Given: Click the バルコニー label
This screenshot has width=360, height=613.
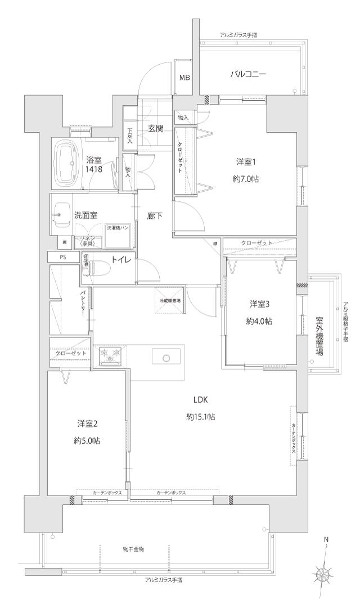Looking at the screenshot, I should coord(247,74).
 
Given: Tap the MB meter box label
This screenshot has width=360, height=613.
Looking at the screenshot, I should coord(184,77).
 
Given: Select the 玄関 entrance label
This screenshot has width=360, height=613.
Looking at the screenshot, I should coord(156,128).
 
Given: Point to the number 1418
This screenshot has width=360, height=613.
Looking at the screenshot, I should coord(94,169).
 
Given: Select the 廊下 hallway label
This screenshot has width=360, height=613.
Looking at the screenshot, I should coord(155,215).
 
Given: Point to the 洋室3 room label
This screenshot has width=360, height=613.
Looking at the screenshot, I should coord(260,304).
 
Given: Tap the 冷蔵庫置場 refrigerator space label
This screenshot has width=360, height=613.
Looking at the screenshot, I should coord(169,301).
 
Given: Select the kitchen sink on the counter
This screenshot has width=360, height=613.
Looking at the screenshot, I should coord(166,357).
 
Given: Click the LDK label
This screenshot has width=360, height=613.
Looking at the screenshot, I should coord(201,400).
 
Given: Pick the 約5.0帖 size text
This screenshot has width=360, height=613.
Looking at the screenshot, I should coord(87,441).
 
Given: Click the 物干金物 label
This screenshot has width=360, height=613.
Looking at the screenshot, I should coord(133,548).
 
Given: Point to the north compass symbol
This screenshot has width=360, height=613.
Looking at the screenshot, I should coord(323,575).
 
